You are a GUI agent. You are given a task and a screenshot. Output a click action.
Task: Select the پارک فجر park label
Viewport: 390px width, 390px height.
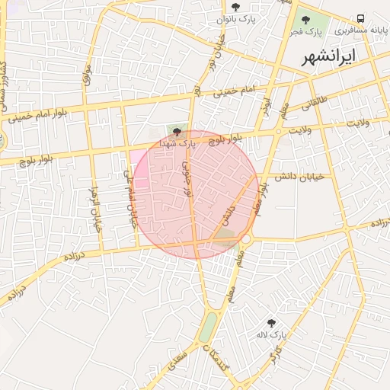click(x=309, y=33)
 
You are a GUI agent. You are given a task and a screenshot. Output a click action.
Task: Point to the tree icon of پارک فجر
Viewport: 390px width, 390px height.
click(x=306, y=20)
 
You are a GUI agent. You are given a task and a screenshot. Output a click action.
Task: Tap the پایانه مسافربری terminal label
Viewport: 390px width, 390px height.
click(x=362, y=31)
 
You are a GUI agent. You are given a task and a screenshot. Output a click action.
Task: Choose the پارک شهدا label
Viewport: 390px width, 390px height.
click(x=177, y=142)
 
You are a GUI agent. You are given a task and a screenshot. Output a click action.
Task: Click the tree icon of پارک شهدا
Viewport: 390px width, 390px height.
click(x=177, y=131)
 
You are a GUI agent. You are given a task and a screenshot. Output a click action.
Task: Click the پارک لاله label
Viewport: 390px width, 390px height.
click(x=271, y=335)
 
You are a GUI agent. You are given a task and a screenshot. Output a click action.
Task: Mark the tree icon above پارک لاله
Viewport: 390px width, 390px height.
click(x=271, y=323)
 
